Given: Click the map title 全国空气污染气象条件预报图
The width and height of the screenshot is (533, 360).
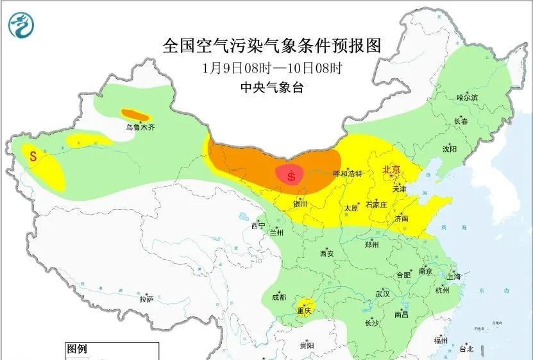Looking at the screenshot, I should click(x=272, y=46).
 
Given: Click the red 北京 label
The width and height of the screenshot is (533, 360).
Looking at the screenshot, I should click(x=391, y=169).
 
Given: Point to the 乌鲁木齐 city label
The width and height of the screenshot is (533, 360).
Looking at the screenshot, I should click(x=140, y=128).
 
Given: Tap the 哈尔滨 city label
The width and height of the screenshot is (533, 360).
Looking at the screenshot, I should click(x=468, y=98).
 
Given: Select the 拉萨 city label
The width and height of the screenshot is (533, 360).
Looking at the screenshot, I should click(x=146, y=299).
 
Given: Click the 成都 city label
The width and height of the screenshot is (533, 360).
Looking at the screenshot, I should click(x=279, y=297).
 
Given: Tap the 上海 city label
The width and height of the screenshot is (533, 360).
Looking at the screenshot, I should click(x=454, y=277).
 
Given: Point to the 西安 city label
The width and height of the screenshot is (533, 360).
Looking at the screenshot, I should click(x=326, y=253).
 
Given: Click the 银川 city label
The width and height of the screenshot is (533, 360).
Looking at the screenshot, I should click(x=300, y=204).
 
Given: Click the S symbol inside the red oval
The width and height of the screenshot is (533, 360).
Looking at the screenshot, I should click(x=292, y=175).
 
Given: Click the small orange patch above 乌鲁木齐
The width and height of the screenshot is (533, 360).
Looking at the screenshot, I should click(x=136, y=116).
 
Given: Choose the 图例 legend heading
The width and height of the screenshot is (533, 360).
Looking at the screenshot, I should click(x=77, y=349).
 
